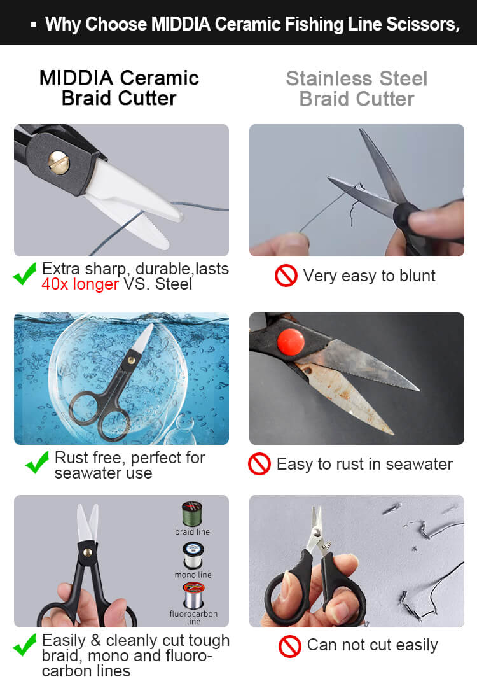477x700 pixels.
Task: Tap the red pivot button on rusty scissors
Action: pos(291,342)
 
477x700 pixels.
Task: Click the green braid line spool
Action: pos(192,514)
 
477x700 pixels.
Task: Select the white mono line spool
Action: pos(193,556)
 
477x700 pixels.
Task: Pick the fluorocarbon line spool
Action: pos(193,596)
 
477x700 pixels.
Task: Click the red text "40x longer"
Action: pos(80,284)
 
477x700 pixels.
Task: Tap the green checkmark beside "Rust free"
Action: pos(38,463)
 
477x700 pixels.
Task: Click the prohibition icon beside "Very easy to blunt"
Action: pos(286,276)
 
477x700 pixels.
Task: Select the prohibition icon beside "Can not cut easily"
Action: pos(290,646)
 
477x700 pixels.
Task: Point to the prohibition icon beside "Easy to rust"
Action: pos(259,464)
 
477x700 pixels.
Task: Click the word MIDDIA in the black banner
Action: pos(181,24)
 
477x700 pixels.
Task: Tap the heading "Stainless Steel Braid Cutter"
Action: pos(357,89)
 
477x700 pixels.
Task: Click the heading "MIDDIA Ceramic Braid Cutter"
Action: pos(119,88)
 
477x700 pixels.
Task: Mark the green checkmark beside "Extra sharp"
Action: pos(25,274)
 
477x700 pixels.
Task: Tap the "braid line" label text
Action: pos(192,532)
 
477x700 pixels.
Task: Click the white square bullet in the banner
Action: pos(33,24)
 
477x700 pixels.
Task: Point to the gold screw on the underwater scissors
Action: pos(131,359)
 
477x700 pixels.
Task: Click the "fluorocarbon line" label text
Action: pos(193,617)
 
